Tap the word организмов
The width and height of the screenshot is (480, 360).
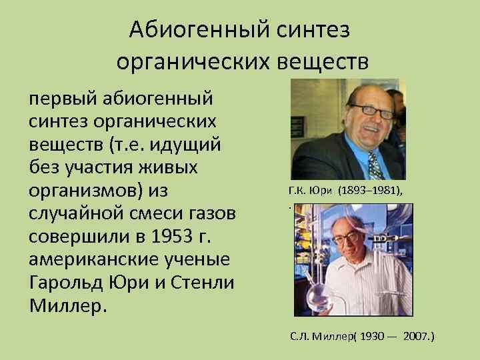(x=84, y=191)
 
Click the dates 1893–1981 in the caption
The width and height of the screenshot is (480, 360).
(x=370, y=190)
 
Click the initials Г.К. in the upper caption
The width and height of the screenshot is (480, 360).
(x=297, y=190)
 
